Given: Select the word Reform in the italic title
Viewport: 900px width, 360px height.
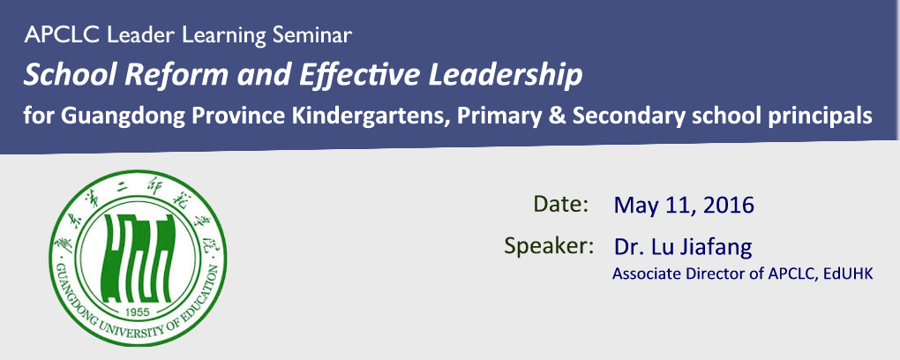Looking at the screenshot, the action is tap(167, 76).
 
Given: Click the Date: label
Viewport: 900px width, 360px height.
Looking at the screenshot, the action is tap(561, 204).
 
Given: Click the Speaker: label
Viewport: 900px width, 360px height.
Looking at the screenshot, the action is tap(549, 247).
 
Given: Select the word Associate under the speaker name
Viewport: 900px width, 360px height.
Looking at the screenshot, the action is tap(639, 274).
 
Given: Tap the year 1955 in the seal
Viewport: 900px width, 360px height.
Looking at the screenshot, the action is tap(137, 311).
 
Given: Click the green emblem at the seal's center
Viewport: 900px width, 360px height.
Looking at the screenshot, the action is tap(138, 258).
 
